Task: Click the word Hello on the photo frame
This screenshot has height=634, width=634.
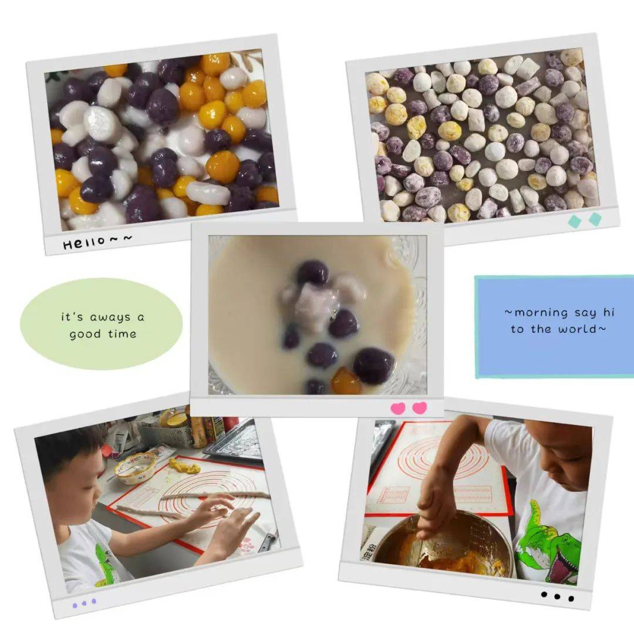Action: tap(84, 242)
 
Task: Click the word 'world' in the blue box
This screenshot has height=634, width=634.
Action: tap(577, 329)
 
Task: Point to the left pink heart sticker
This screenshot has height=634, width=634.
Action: tap(398, 409)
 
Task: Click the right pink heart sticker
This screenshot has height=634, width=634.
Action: tap(419, 408)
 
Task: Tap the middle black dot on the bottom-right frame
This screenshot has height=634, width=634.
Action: tap(557, 596)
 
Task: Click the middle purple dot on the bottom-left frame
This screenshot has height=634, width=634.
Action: tap(84, 603)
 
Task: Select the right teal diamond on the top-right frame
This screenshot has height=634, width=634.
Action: tap(595, 219)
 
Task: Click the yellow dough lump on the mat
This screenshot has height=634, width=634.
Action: tap(184, 466)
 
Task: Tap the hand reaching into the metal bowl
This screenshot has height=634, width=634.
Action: tap(437, 505)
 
